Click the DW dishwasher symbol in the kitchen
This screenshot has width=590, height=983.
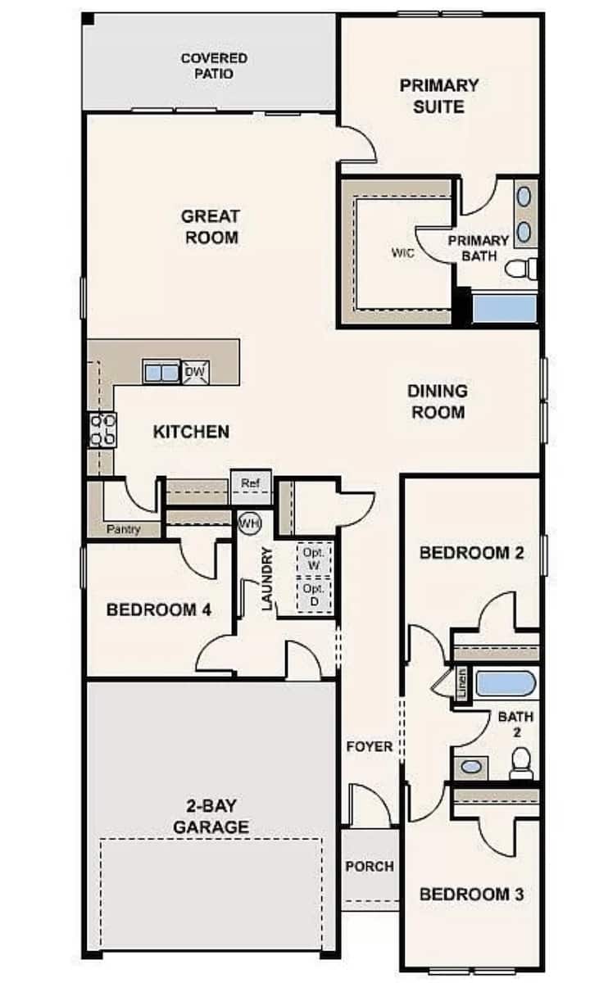195,372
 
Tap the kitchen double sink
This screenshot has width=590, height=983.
161,372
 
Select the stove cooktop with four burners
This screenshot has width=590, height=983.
102,429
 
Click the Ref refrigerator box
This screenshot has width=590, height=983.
251,487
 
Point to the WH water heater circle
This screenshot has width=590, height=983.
250,523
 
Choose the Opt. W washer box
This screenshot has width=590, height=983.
315,559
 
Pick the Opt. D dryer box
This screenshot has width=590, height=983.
315,595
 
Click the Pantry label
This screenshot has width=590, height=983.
124,529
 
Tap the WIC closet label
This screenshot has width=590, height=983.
402,253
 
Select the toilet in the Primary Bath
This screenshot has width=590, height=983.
521,269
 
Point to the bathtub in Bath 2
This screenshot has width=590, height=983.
506,683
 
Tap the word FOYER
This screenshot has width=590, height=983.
370,746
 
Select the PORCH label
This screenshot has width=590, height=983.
370,867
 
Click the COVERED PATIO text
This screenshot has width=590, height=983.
214,66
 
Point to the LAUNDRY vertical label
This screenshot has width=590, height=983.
267,579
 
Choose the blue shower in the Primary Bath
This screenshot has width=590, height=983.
505,308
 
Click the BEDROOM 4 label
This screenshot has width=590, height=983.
159,609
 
